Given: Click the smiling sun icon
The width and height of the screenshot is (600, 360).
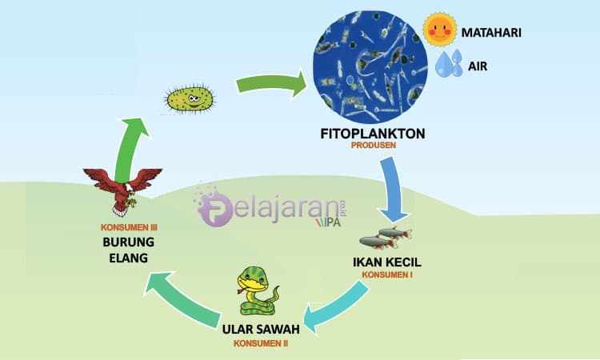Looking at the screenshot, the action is [x=440, y=30].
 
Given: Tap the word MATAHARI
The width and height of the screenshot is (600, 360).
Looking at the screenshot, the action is [x=491, y=33].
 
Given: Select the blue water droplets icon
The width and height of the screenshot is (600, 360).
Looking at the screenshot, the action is [x=450, y=63].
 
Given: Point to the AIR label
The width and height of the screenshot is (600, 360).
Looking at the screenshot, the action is [x=478, y=66].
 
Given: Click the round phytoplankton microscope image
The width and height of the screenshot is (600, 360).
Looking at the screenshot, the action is [x=370, y=67].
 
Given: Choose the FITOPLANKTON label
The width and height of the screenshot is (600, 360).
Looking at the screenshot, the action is [x=373, y=134].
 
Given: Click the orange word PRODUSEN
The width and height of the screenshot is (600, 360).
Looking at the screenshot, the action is [x=374, y=146].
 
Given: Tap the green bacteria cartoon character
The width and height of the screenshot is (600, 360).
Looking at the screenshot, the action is [x=190, y=99].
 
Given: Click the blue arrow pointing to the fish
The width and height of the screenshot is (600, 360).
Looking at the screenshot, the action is [x=392, y=190].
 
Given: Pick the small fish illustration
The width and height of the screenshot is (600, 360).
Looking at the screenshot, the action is [x=386, y=237].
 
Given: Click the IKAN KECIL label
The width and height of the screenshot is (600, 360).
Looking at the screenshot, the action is [x=387, y=262].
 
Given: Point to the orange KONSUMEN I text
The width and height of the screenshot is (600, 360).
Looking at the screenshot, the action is [x=387, y=274].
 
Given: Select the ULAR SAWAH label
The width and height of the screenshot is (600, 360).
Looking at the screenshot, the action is [x=261, y=329].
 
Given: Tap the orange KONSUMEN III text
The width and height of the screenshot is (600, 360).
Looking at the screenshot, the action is [x=129, y=227].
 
